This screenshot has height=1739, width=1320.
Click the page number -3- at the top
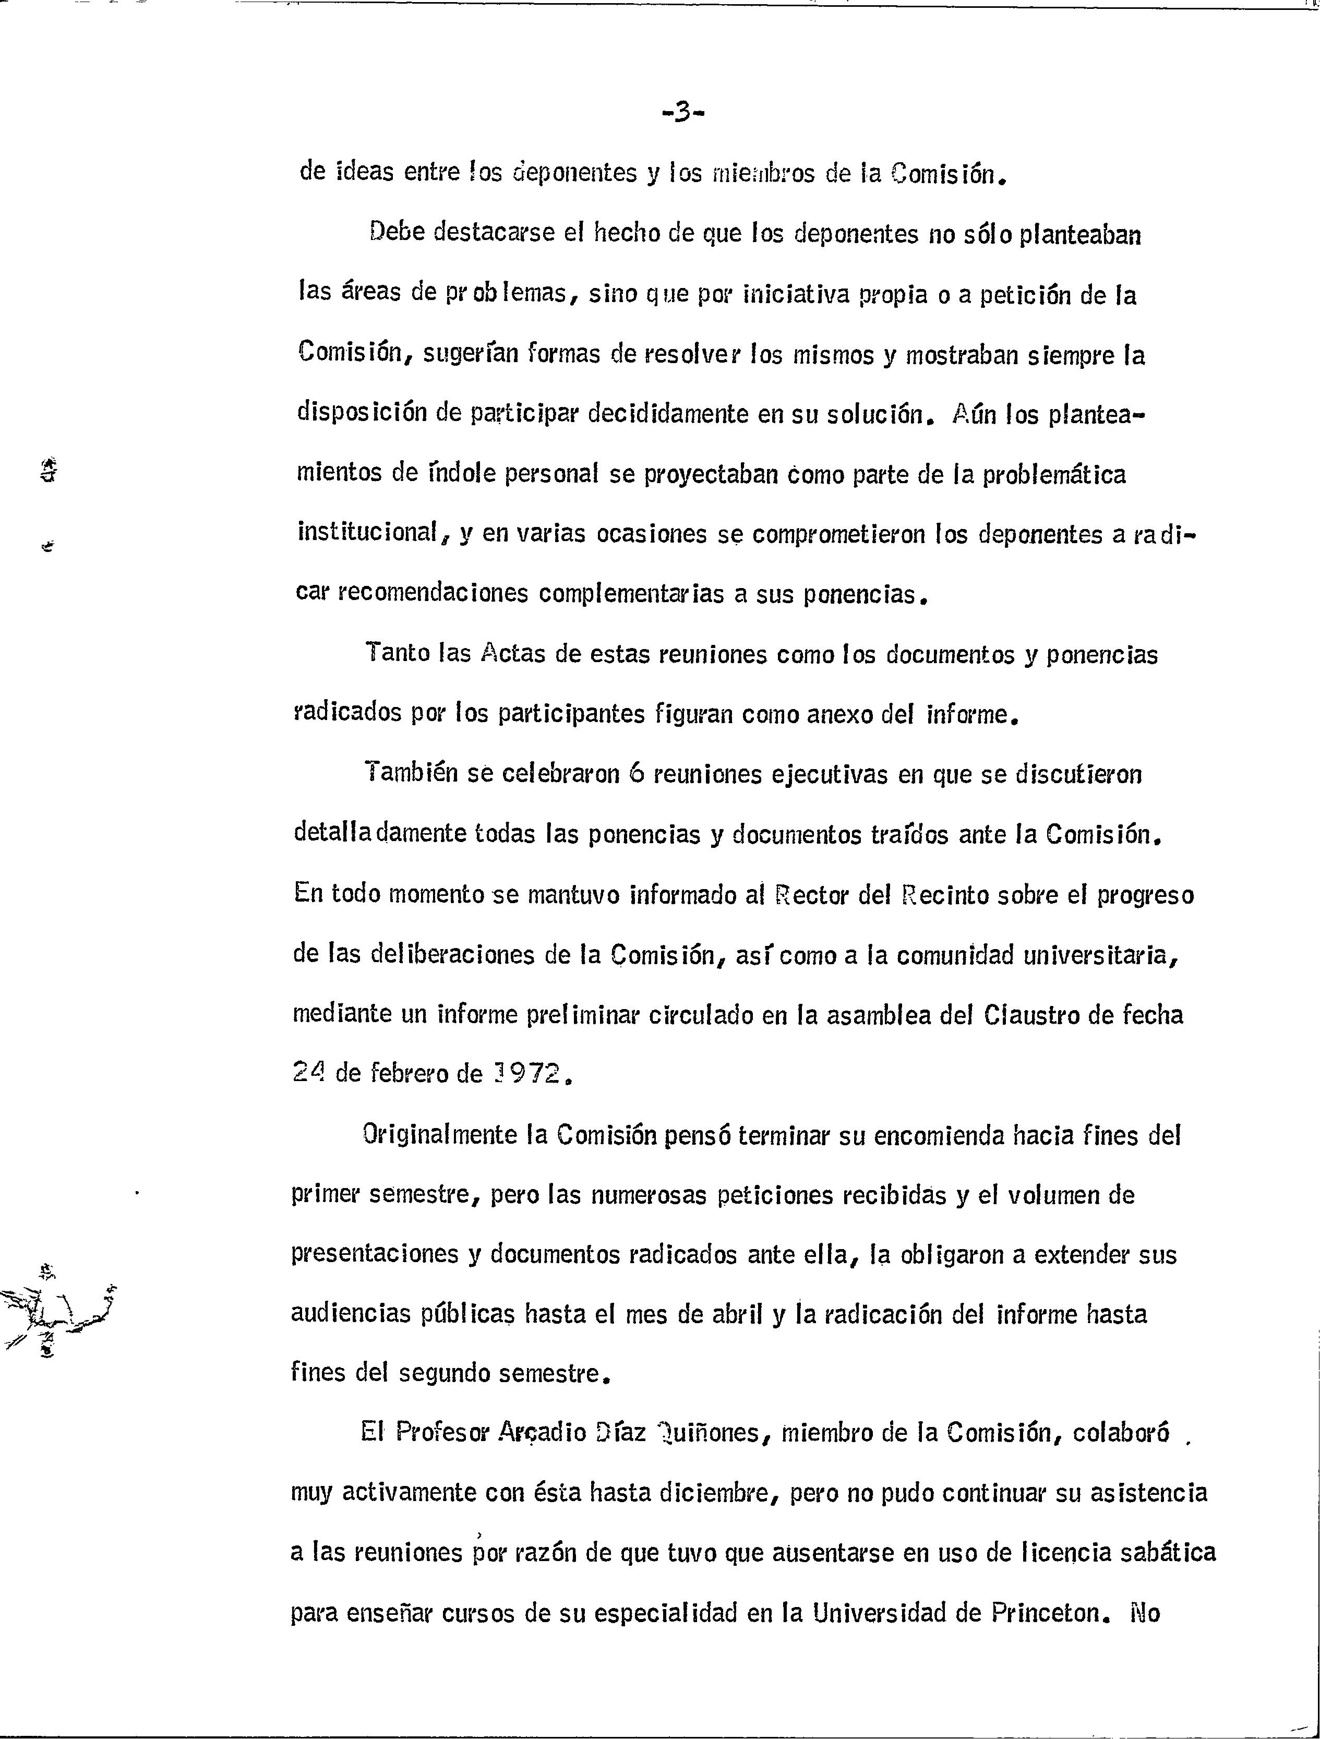pyautogui.click(x=682, y=113)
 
